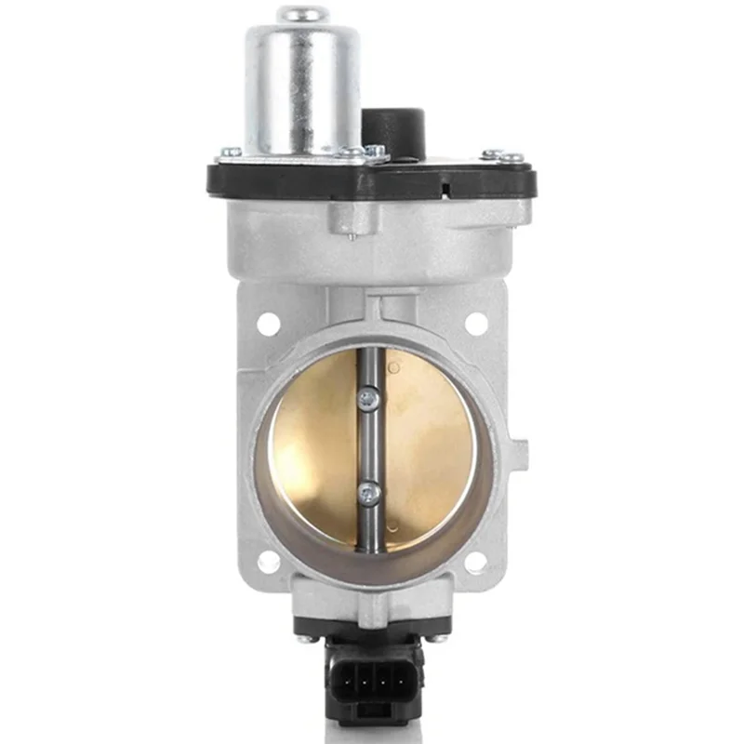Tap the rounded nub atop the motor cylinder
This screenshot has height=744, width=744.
click(302, 14)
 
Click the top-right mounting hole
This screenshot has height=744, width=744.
click(475, 324)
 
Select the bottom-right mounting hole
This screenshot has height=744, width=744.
click(475, 562)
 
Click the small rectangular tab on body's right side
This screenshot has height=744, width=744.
click(521, 455)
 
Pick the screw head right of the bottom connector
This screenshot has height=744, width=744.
click(437, 638)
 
